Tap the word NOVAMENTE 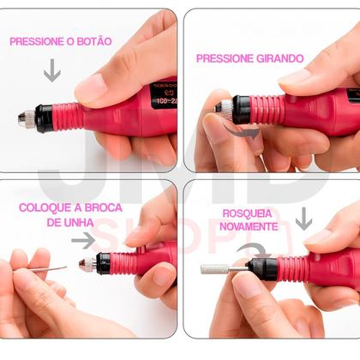click(248, 226)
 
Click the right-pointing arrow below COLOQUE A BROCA click(83, 242)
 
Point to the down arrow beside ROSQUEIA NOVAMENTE click(303, 219)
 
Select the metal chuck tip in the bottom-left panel click(86, 265)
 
